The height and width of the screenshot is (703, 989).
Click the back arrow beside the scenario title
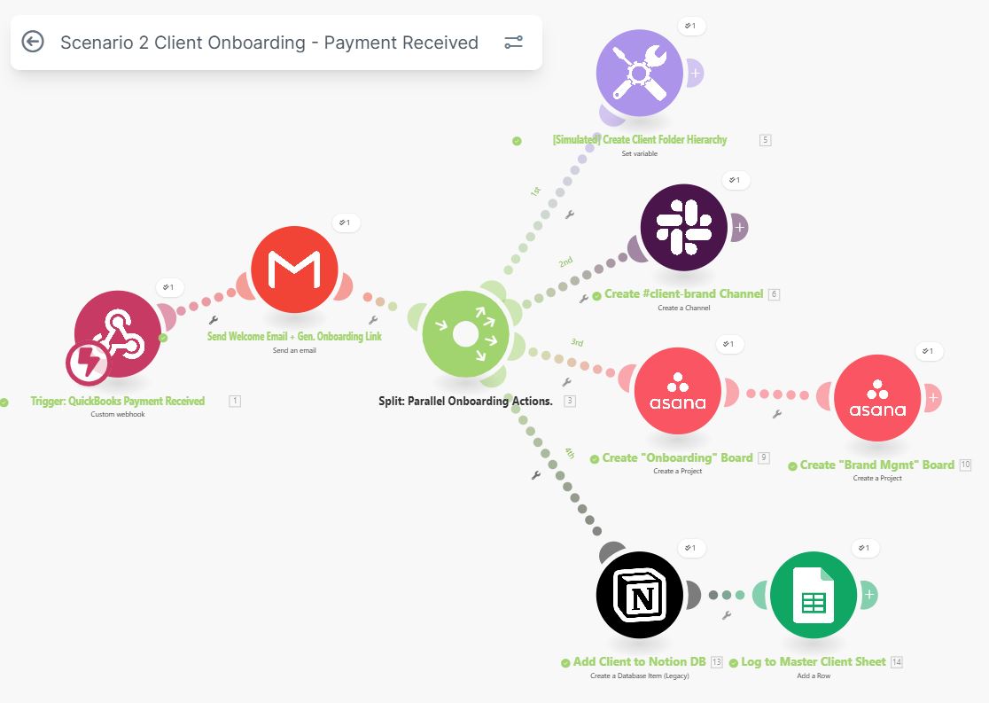33,42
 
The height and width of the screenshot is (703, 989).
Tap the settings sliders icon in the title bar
513,43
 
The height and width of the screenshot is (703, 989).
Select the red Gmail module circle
294,269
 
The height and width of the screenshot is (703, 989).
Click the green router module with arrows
465,334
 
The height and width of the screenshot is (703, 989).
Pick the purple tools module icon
640,73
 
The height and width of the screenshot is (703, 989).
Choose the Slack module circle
684,227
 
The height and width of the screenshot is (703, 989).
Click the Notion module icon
640,595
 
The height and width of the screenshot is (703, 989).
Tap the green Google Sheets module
814,595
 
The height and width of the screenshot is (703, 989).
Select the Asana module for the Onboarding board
677,391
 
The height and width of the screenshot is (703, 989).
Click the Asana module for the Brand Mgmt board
877,398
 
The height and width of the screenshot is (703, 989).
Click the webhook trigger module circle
118,334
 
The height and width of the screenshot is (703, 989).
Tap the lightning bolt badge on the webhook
88,363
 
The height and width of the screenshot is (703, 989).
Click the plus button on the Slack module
739,227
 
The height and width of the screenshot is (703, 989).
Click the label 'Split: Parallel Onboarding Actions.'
465,401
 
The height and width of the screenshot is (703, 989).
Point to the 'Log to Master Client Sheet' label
814,661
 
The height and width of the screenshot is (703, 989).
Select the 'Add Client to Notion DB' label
640,661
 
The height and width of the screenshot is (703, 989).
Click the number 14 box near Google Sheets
897,662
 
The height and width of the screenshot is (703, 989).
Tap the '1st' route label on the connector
535,191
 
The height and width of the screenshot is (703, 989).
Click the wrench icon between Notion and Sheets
727,615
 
